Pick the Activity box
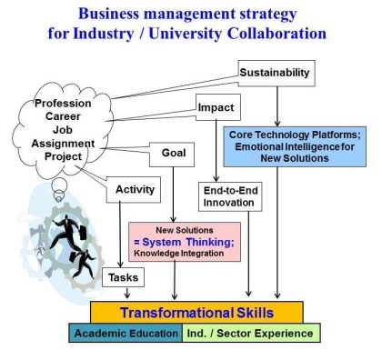pyautogui.click(x=136, y=189)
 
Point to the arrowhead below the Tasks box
pyautogui.click(x=124, y=294)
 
